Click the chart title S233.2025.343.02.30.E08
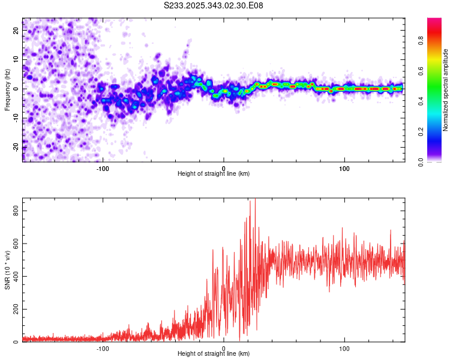pos(213,5)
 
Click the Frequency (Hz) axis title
pos(8,89)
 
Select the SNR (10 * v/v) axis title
pos(8,269)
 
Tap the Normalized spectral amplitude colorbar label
pos(446,90)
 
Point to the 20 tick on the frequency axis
pos(17,31)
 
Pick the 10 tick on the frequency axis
pos(17,59)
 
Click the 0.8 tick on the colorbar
pos(421,41)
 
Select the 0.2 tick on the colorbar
pos(421,131)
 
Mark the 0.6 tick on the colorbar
pos(421,71)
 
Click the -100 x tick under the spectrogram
pos(103,168)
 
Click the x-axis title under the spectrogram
pos(214,174)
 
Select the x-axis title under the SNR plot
pos(214,354)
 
